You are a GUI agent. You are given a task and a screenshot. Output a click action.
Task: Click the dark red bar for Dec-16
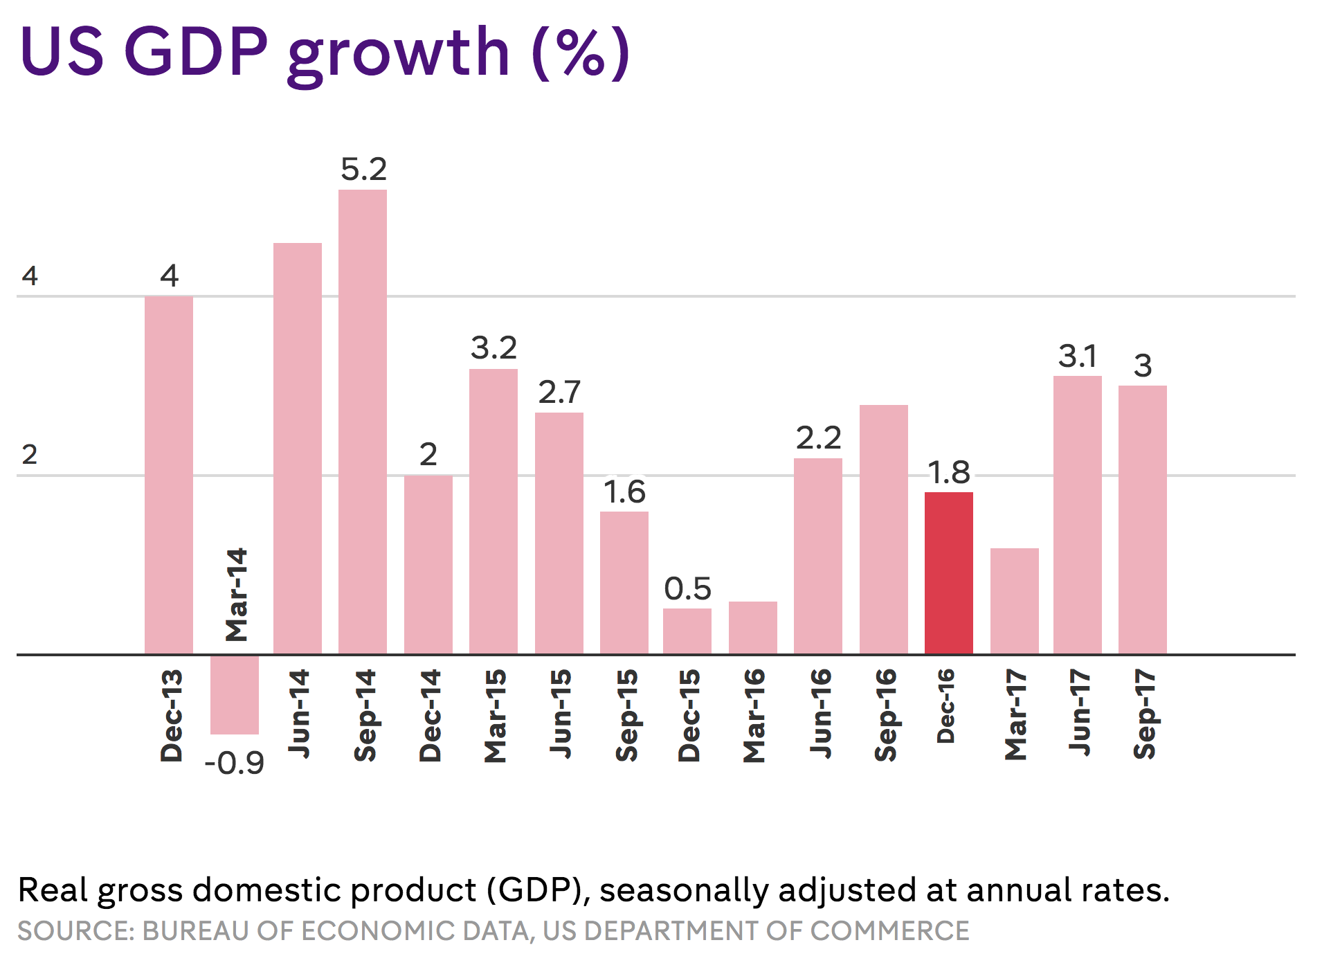948,573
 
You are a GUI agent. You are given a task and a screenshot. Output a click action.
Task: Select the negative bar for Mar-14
235,694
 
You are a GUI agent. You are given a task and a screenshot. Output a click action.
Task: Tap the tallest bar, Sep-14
363,422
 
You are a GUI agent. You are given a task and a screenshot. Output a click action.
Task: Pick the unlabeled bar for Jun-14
298,449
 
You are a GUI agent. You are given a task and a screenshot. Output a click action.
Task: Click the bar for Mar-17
1014,601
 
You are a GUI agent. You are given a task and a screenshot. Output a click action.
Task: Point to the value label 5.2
363,170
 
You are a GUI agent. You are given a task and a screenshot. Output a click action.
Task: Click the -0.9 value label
235,764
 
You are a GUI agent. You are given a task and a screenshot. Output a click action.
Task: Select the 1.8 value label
948,473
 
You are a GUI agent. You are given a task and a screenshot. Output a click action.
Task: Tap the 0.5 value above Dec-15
687,589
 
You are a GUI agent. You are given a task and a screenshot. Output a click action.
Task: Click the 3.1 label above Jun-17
1078,357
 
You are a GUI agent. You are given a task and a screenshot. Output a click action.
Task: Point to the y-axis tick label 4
30,276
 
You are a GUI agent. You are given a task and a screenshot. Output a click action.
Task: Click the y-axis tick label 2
30,455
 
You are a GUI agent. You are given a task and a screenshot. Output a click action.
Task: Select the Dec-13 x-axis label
171,716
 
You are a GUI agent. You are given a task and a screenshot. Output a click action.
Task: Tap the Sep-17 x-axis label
1144,714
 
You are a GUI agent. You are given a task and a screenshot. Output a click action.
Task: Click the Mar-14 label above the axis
237,595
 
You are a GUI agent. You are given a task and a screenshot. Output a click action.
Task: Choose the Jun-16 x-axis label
820,713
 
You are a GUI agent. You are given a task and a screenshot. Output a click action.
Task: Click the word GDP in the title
196,51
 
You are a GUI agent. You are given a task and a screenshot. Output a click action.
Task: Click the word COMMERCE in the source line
889,931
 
